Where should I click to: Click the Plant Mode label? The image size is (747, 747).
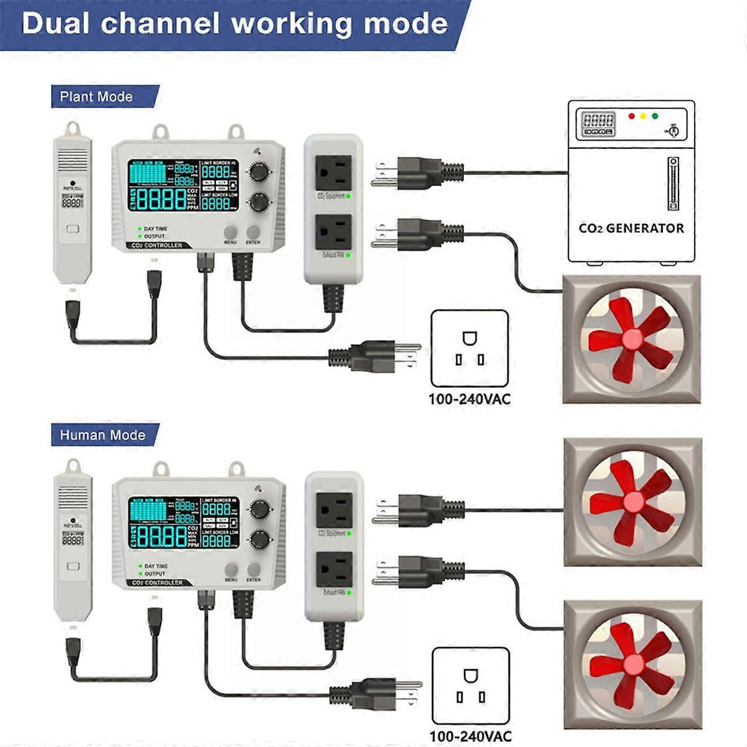(96, 96)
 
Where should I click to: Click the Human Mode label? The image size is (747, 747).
(102, 436)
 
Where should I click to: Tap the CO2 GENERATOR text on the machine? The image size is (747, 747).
(631, 228)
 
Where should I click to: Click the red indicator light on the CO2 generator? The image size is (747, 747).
(631, 116)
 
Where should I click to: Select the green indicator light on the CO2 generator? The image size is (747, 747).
(654, 116)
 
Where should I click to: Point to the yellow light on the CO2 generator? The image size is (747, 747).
(643, 116)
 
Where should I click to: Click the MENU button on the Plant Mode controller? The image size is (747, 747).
(231, 233)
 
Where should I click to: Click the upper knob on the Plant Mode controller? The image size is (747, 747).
(259, 172)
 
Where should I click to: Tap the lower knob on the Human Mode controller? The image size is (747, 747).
(259, 540)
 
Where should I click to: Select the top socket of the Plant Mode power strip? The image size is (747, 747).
(333, 172)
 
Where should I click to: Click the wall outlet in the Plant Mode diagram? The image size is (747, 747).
(470, 348)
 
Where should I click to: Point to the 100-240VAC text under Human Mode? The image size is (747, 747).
(471, 736)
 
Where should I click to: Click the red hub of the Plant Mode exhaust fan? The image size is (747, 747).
(632, 340)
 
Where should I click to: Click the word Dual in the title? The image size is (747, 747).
(57, 23)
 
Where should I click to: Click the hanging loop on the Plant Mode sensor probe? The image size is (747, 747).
(72, 129)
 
